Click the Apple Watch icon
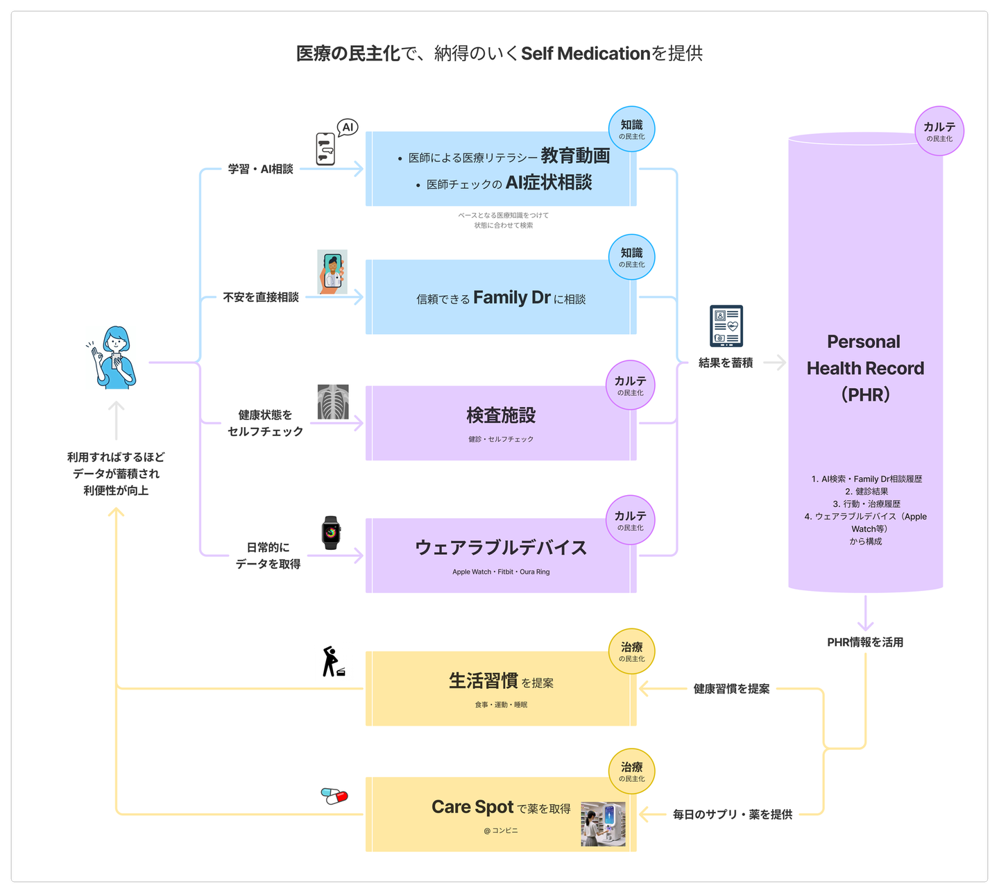pos(332,533)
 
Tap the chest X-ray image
pos(333,402)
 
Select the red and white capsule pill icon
pos(334,796)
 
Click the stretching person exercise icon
pos(332,662)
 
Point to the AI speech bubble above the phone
pos(348,127)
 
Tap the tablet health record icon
pos(726,326)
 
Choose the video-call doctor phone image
pos(332,272)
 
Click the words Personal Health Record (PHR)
pos(865,368)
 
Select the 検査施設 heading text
pos(501,415)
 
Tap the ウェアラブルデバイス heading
pos(501,548)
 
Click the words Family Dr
pos(512,298)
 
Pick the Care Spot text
pos(472,807)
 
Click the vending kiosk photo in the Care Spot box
pos(603,824)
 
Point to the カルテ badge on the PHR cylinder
pos(939,131)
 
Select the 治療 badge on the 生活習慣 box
pos(632,651)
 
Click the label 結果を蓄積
pos(726,362)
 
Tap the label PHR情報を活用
pos(865,642)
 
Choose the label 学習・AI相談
pos(261,169)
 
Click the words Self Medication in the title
pos(586,53)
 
